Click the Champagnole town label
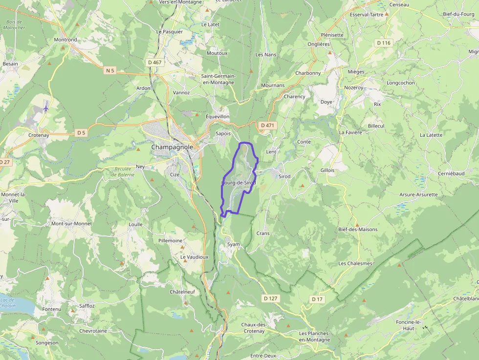pos(172,147)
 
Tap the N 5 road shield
pos(110,71)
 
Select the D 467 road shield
pos(155,62)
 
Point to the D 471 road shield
pos(267,125)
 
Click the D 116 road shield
pos(384,43)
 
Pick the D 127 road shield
pos(270,298)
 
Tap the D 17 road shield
pos(317,299)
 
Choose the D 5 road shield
pos(81,132)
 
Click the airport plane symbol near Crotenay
pos(46,108)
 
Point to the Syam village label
pos(234,244)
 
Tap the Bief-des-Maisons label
pos(358,229)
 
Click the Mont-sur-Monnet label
pos(71,224)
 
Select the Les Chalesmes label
pos(355,263)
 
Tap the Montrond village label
pos(65,40)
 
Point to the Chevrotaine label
pos(93,331)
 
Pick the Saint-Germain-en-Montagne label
pos(218,79)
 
